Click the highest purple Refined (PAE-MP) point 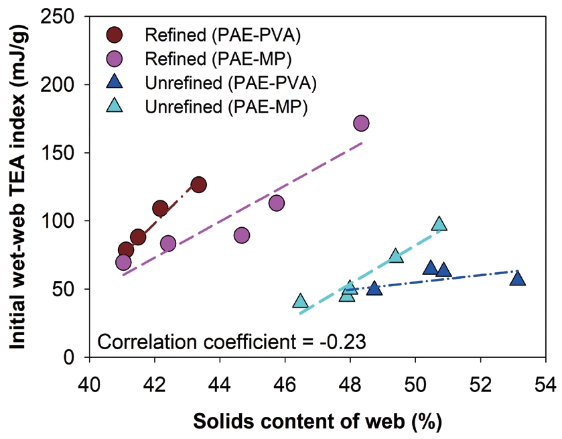point(362,123)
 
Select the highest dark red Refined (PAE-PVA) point point(198,184)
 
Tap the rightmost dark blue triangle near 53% point(517,278)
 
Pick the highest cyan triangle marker point(439,224)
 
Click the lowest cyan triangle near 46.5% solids point(301,301)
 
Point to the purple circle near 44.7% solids point(242,235)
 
